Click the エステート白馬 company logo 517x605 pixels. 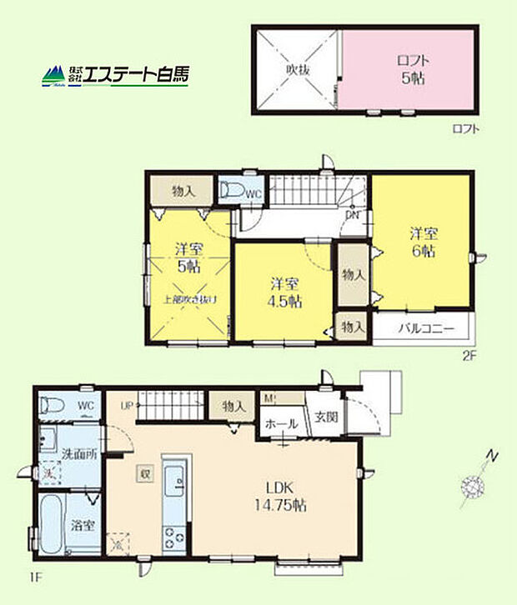[x=116, y=75]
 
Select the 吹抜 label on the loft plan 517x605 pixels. [x=297, y=70]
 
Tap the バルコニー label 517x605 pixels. [x=425, y=329]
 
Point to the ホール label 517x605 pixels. [x=281, y=424]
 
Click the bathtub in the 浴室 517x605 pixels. [x=49, y=525]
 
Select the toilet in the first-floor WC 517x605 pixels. [x=51, y=407]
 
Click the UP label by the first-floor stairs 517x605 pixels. [x=127, y=406]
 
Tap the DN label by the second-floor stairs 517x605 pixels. [x=353, y=214]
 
